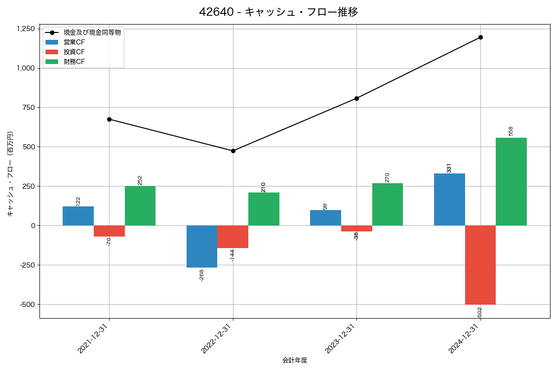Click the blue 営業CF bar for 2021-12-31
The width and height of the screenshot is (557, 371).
point(78,216)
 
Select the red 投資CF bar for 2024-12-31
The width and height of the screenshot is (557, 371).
point(480,265)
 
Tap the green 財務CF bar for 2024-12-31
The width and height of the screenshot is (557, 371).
point(511,182)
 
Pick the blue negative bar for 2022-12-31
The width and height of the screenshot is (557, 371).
point(202,246)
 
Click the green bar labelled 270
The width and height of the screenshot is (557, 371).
point(388,205)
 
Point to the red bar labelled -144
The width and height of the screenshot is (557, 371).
point(233,237)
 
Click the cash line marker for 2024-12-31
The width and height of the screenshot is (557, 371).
point(480,37)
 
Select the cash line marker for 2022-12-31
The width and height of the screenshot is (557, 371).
point(233,151)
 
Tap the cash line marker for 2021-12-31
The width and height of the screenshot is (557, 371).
point(109,119)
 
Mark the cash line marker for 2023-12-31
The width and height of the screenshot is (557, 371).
point(356,98)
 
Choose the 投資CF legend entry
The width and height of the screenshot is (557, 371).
point(74,52)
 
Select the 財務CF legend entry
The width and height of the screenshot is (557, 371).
point(74,62)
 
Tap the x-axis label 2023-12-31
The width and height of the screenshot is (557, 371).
point(341,339)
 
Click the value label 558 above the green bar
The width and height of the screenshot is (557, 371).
point(511,131)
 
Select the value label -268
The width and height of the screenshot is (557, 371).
point(201,275)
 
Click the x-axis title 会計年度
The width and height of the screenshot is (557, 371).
point(295,360)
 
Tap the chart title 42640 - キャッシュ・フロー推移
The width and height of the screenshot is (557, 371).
point(278,12)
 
